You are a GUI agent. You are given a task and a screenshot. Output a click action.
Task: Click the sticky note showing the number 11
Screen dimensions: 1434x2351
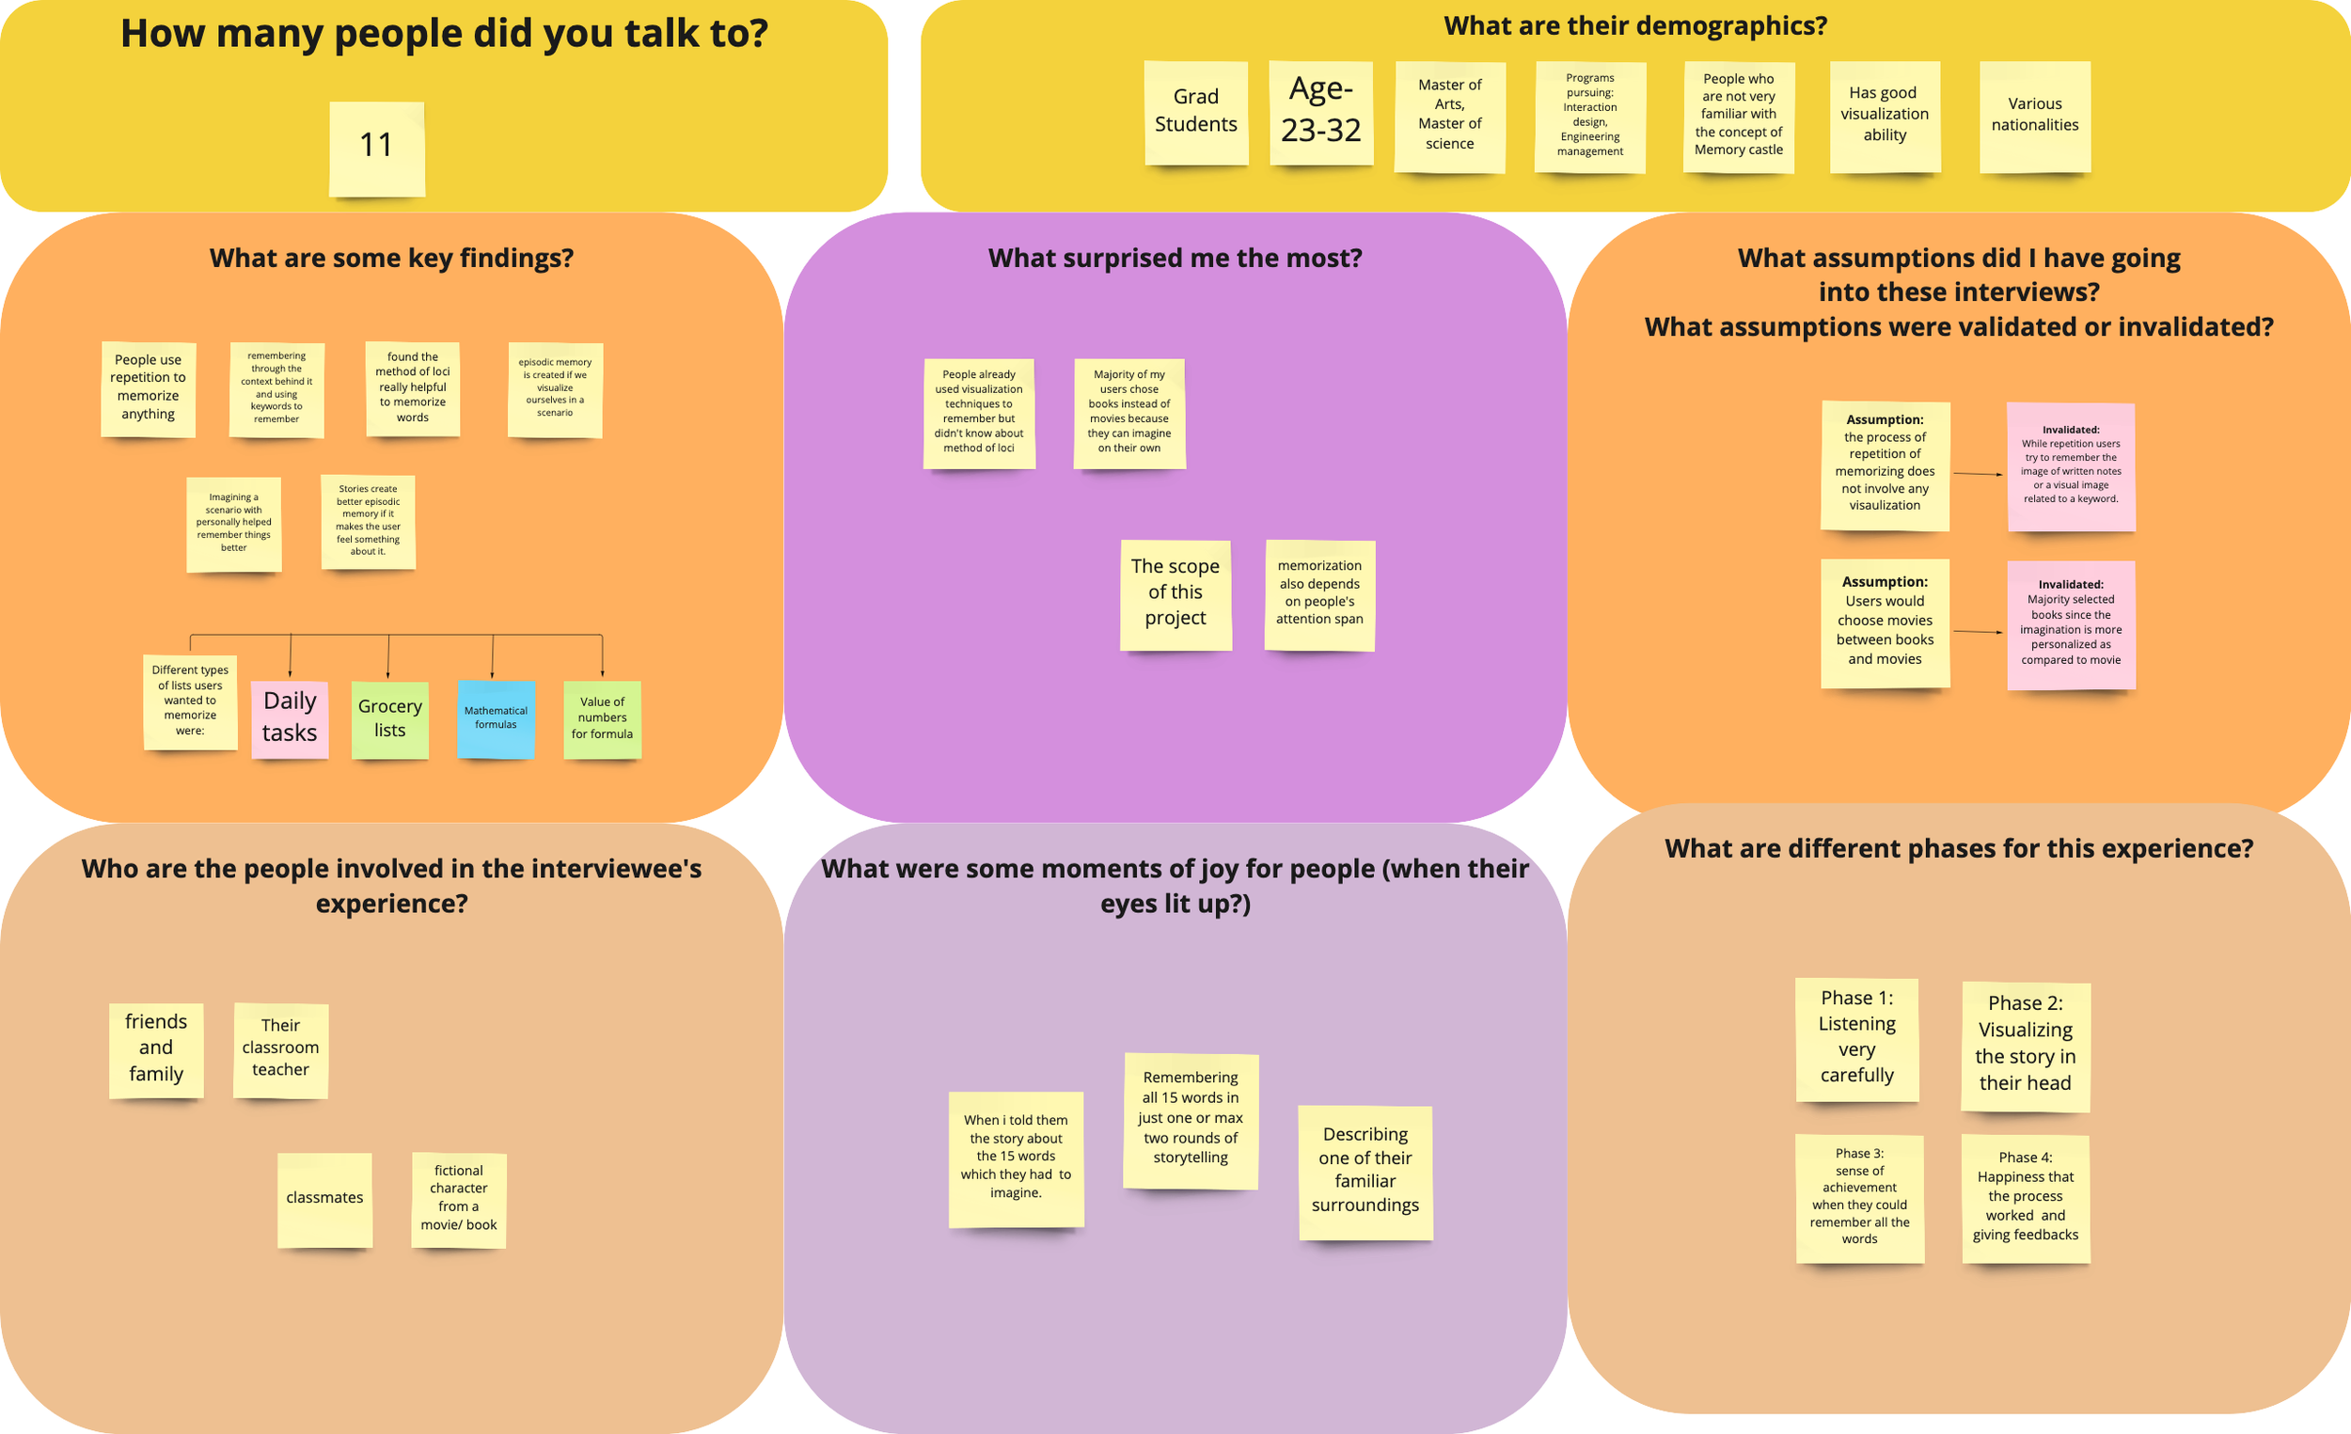pos(377,148)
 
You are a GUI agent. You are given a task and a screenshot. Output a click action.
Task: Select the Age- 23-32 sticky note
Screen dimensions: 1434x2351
pos(1320,113)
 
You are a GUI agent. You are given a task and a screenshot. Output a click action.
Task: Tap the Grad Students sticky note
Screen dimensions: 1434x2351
pos(1195,113)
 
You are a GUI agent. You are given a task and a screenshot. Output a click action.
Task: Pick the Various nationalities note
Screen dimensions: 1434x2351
pos(2034,117)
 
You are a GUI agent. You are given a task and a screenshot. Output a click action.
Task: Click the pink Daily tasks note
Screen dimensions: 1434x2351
pos(290,718)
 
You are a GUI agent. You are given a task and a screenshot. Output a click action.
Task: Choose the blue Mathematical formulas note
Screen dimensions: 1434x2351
pos(496,718)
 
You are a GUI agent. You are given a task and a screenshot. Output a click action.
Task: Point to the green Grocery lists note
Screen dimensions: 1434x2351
pos(389,718)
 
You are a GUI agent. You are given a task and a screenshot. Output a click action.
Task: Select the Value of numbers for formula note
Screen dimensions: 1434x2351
pos(602,718)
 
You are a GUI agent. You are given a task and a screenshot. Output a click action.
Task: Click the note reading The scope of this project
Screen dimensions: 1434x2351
pos(1175,594)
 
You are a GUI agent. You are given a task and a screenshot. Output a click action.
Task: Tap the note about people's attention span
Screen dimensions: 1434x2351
pos(1319,594)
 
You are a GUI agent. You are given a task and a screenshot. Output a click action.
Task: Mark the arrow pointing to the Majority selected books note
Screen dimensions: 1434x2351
pos(1978,632)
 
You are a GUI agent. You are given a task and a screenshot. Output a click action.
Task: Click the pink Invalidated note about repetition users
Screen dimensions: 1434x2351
pos(2071,466)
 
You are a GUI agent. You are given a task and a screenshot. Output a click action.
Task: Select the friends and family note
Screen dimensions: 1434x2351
pos(155,1048)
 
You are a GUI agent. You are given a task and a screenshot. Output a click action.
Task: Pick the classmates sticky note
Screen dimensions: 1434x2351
pos(324,1199)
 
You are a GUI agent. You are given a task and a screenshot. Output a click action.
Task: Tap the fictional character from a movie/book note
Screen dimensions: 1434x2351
pos(458,1199)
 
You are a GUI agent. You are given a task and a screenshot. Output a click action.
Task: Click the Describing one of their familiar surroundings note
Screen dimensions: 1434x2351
pos(1365,1172)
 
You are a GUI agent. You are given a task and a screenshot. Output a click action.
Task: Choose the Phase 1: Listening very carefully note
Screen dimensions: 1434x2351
pos(1856,1038)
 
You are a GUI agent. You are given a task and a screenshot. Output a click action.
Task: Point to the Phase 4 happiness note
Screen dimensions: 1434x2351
pos(2026,1197)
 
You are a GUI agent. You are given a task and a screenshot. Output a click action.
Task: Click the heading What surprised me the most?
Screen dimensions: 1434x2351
pos(1175,259)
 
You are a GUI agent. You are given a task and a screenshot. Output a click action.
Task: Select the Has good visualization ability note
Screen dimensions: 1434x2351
pos(1885,116)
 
